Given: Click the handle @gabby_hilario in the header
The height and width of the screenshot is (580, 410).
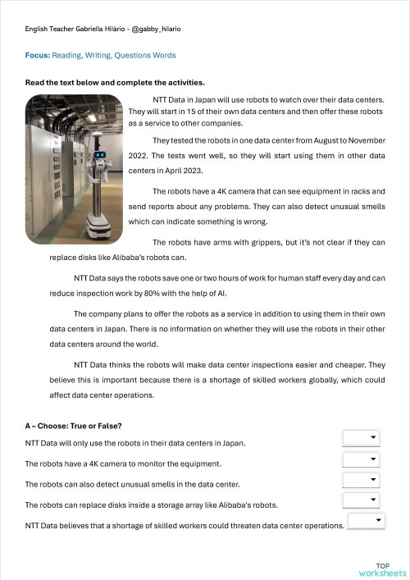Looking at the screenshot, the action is coord(156,29).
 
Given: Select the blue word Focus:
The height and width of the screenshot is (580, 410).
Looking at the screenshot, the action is coord(38,55).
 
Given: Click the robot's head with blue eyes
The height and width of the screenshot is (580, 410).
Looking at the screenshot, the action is coord(99,154).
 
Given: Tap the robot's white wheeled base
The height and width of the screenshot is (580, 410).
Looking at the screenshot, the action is coord(98,226).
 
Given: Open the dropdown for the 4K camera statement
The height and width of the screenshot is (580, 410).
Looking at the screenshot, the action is coord(361,459).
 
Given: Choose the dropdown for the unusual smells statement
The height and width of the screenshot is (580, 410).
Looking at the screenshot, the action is coord(361,480).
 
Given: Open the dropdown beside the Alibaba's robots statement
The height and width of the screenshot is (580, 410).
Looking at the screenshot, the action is coord(361,500).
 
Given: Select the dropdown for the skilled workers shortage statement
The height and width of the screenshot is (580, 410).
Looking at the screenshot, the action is coord(367,521).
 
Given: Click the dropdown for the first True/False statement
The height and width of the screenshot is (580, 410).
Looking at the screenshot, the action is coord(361,438).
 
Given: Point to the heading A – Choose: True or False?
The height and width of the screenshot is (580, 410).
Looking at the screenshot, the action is coord(73,426).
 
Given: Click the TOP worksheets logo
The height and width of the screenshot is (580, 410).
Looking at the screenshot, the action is coord(382,570).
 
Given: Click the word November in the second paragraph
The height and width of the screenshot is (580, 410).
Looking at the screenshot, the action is coord(367,140).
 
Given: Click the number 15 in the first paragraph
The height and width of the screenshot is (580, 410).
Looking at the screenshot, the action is coord(191,112).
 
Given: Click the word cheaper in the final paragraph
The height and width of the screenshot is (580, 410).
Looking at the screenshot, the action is coord(351,365).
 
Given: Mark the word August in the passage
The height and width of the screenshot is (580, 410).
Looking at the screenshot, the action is coord(326,140).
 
